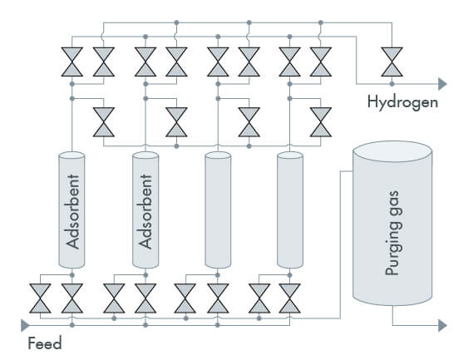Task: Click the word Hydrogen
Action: click(x=402, y=102)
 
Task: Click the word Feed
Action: click(x=45, y=343)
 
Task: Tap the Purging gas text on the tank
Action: click(x=393, y=233)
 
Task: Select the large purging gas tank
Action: click(x=392, y=224)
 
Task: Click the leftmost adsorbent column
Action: click(x=71, y=210)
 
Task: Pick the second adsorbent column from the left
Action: click(x=145, y=210)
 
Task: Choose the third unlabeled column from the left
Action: click(x=218, y=210)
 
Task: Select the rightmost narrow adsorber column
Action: click(x=290, y=210)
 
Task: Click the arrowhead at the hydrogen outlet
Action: click(x=442, y=84)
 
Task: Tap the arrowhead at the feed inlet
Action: click(x=25, y=325)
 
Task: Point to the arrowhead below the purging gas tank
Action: click(x=442, y=325)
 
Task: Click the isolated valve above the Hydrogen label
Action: click(x=392, y=62)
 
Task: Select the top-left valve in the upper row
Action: click(x=72, y=62)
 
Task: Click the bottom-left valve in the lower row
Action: click(x=40, y=298)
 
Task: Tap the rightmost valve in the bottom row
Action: click(x=289, y=298)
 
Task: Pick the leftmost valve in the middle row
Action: click(x=103, y=122)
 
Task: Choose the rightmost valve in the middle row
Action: click(x=321, y=122)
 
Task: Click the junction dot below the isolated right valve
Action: click(x=392, y=84)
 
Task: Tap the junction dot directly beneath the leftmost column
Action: click(x=71, y=275)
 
